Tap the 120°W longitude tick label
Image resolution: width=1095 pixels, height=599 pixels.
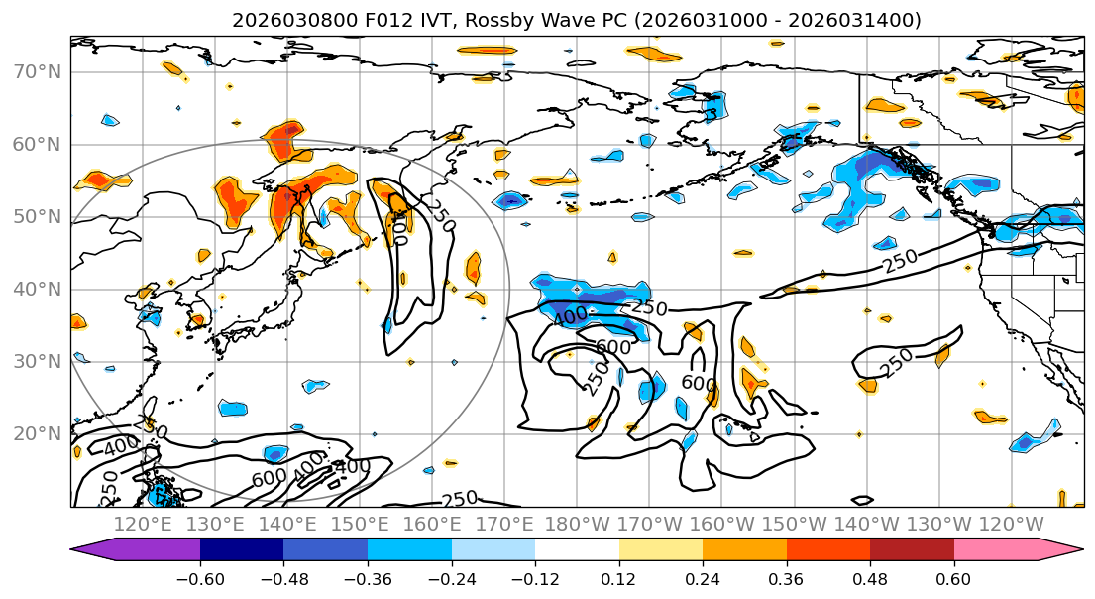point(1011,524)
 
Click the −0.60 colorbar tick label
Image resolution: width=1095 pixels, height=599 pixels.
point(200,579)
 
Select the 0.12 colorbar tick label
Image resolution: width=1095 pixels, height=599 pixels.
point(618,579)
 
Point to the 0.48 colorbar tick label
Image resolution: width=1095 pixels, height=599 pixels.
point(870,579)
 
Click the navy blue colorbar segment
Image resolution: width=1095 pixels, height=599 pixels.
point(242,550)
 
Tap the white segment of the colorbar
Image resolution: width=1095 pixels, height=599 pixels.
point(577,550)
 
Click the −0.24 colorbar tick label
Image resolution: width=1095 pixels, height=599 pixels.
point(451,579)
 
